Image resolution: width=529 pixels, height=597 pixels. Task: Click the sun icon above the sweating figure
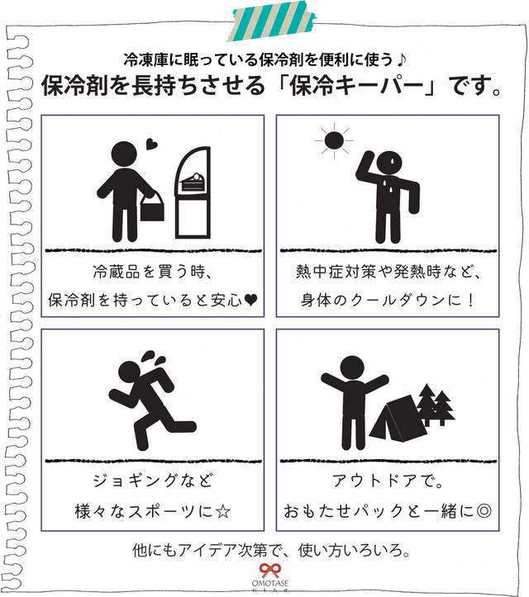tap(332, 141)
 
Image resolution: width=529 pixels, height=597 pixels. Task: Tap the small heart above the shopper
tap(150, 146)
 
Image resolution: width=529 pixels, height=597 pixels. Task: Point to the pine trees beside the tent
tap(433, 404)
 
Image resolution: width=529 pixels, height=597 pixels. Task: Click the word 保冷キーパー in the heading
tap(370, 87)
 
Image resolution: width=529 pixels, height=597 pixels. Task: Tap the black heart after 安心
tap(250, 301)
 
